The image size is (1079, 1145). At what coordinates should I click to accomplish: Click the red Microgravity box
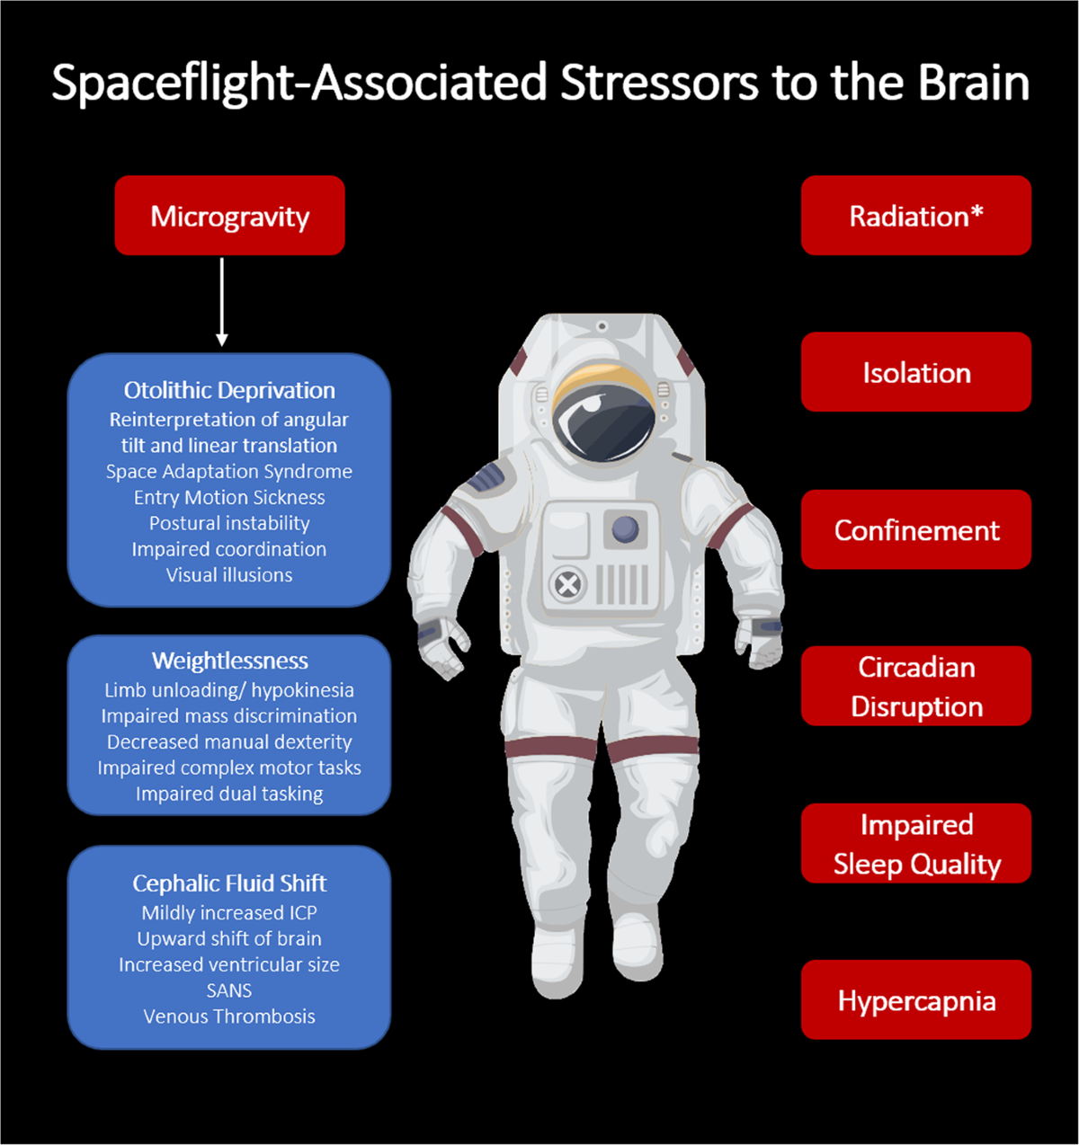click(229, 216)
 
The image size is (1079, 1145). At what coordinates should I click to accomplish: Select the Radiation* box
click(915, 216)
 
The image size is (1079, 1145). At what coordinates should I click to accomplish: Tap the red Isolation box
click(915, 372)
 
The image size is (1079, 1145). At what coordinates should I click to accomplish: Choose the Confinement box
click(915, 529)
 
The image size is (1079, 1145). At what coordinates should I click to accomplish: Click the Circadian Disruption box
click(915, 686)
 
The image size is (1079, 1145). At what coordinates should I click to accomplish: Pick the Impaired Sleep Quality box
click(915, 843)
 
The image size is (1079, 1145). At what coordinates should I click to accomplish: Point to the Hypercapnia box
click(915, 999)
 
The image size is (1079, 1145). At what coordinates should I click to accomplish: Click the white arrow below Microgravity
click(222, 302)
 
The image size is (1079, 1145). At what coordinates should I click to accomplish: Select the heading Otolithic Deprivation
click(229, 390)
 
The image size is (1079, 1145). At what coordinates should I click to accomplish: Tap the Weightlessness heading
click(229, 661)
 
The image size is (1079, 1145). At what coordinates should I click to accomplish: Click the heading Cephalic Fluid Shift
click(229, 883)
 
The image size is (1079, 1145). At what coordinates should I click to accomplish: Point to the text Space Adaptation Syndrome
click(229, 471)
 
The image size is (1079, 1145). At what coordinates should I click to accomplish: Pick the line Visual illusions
click(229, 575)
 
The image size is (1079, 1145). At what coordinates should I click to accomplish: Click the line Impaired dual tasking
click(229, 794)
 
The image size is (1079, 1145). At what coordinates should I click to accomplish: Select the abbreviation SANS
click(229, 990)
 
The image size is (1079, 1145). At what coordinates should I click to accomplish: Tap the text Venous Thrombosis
click(229, 1016)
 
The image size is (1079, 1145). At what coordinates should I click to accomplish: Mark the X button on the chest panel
click(566, 585)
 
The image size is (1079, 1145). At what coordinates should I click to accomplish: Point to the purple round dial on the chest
click(625, 528)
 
